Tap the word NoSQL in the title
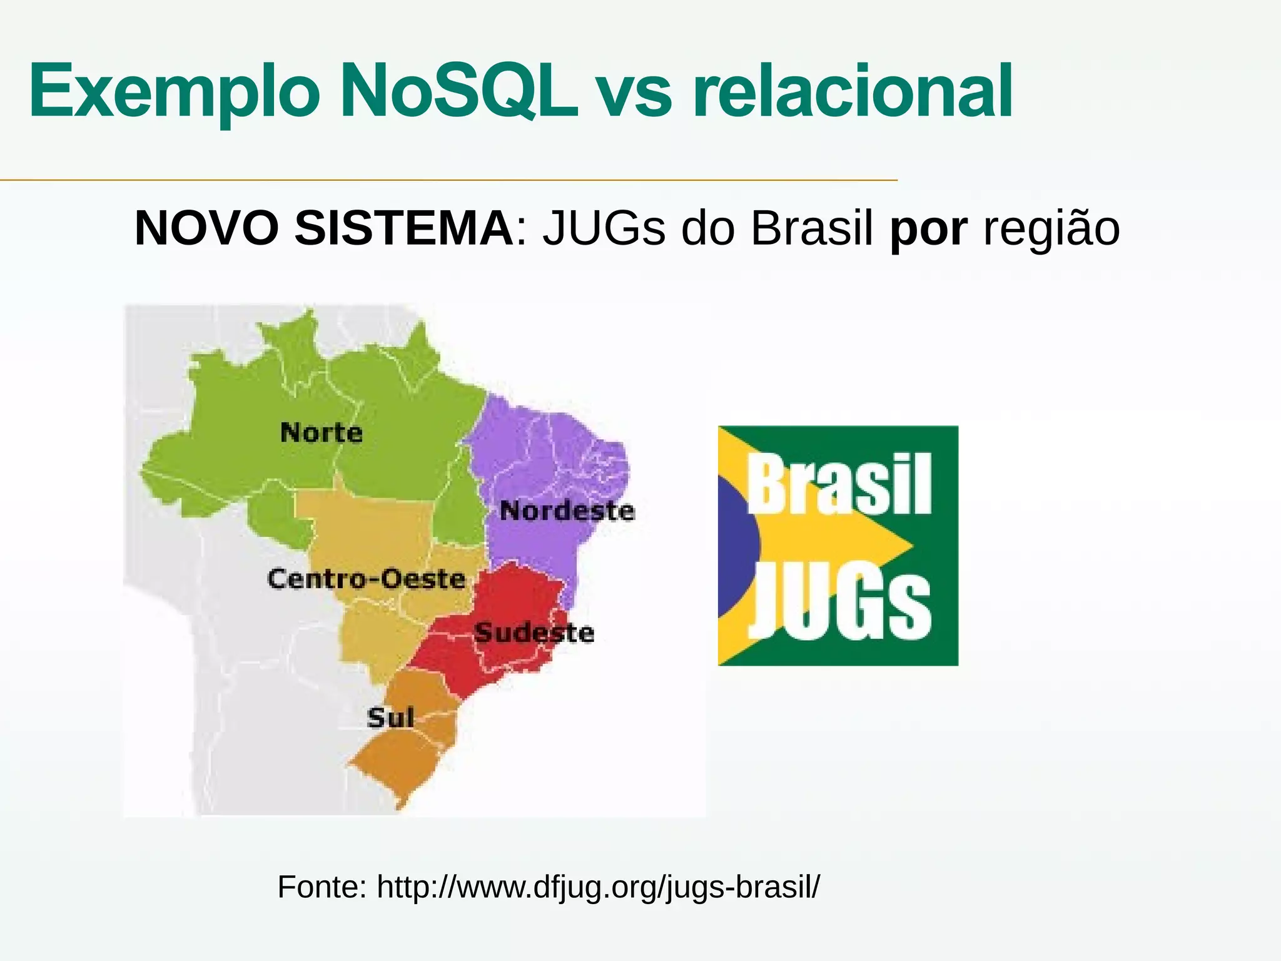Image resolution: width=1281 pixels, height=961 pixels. (x=459, y=91)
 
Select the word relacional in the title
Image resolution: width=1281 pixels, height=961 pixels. (x=853, y=91)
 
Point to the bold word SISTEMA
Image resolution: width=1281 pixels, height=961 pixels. (x=404, y=228)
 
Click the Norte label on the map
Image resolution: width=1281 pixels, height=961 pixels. (x=322, y=433)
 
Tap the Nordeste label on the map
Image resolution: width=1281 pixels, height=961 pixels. (x=567, y=511)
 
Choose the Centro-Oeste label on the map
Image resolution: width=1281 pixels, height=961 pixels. (x=367, y=579)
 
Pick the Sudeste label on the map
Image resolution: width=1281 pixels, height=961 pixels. (x=534, y=633)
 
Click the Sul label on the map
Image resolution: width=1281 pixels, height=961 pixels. (x=390, y=718)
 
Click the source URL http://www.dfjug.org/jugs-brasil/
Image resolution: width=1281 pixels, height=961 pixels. (x=598, y=887)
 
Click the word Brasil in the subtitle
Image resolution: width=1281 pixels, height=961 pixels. (x=812, y=228)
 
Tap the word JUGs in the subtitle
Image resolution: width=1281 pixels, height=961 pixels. (x=604, y=228)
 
